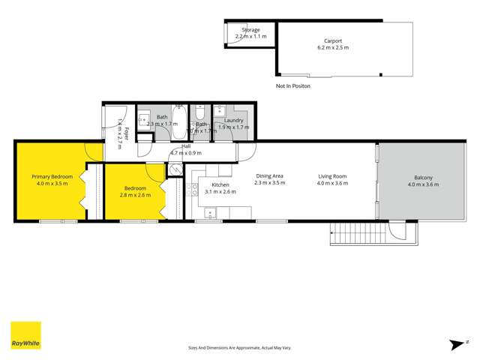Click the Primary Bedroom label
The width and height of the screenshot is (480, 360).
coord(52,177)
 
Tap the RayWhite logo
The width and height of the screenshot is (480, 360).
coord(25,336)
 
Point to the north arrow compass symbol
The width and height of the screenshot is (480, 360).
coord(455,344)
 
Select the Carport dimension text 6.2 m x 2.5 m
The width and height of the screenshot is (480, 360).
coord(333,47)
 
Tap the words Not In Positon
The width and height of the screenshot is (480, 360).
coord(292,86)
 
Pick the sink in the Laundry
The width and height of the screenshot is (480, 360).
coord(220,115)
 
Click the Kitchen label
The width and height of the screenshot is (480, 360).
coord(220,184)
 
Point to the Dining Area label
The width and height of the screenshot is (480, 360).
coord(268,176)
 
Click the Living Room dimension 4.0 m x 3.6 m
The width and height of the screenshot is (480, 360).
coord(332,183)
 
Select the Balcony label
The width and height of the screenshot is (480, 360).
coord(423,178)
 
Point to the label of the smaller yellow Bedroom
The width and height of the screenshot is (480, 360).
coord(135,188)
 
